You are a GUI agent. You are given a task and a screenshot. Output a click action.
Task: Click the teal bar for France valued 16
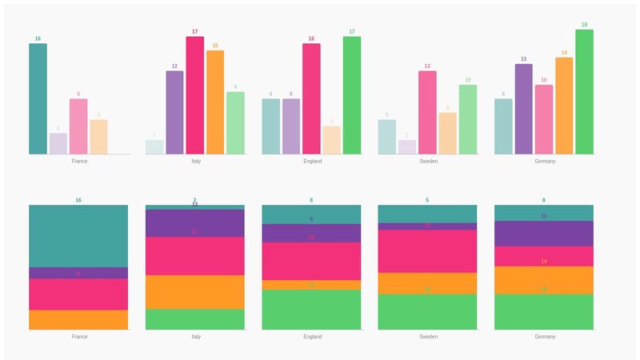point(38,98)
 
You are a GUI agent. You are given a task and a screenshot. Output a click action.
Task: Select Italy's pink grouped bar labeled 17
point(195,95)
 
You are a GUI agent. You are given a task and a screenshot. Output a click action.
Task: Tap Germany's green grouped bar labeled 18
point(584,92)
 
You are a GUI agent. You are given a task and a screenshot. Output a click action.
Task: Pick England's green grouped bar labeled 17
point(352,95)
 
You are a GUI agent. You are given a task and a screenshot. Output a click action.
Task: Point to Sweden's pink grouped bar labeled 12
point(427,112)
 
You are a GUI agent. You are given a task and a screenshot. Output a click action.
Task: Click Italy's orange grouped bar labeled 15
point(215,102)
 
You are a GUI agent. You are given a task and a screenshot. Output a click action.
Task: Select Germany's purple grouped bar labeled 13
point(524,109)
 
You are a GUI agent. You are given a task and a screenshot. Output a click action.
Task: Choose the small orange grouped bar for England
point(332,140)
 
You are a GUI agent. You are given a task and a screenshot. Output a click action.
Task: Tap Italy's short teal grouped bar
point(154,147)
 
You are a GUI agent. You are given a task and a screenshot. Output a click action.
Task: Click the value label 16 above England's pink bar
point(311,38)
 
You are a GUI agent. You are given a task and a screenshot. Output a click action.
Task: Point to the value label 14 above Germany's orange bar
point(564,52)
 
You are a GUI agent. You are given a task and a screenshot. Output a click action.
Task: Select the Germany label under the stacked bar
point(544,337)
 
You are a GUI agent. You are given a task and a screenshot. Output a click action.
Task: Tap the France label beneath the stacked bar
point(78,337)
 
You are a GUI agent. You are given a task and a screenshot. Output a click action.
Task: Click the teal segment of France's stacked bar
point(78,236)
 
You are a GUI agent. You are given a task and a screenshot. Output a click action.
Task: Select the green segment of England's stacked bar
point(311,310)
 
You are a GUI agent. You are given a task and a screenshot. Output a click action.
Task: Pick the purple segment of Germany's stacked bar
point(544,234)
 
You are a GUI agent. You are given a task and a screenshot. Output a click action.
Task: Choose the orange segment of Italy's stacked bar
point(195,292)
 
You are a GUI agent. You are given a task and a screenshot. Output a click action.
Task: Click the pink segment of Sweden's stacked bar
point(427,251)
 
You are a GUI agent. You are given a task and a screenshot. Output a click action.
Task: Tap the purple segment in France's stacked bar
point(78,273)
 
